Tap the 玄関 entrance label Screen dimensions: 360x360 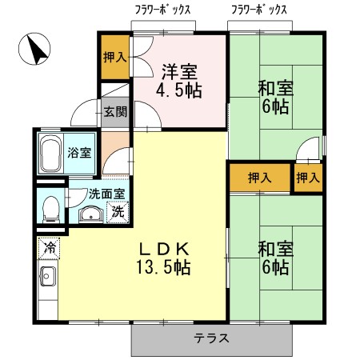[115, 111]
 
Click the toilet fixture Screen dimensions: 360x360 [51, 208]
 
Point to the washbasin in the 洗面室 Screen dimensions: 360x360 [90, 214]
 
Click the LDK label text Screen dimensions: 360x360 [166, 246]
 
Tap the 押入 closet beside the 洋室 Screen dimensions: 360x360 [114, 57]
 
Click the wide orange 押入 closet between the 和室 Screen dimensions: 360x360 [258, 177]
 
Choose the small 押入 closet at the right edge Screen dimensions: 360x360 [308, 177]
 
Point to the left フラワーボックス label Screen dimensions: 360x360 [165, 10]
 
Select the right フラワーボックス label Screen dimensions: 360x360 [259, 10]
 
